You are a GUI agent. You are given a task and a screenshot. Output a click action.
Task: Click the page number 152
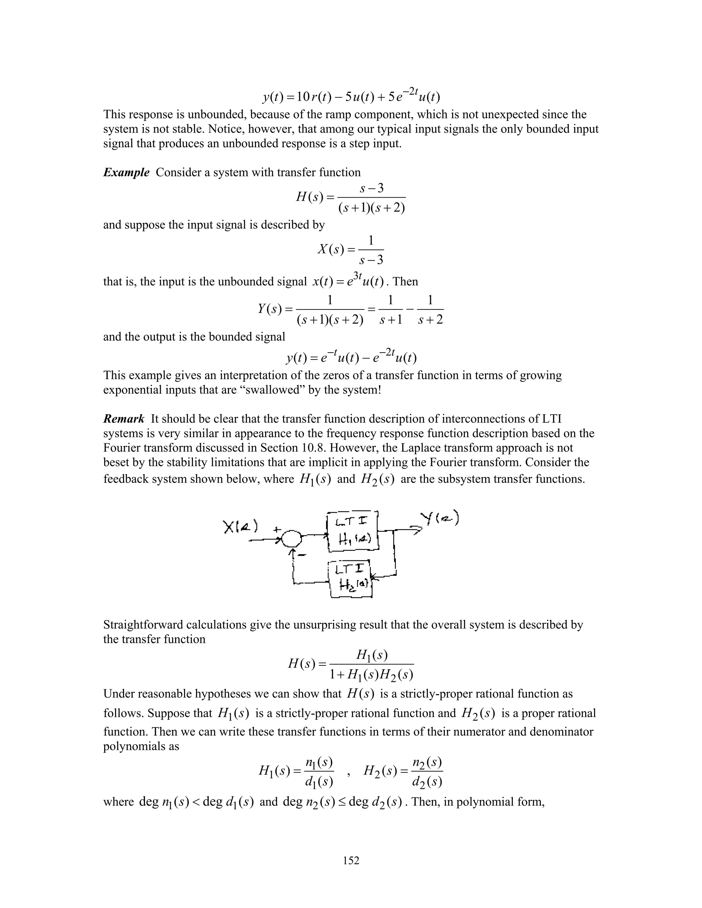point(351,860)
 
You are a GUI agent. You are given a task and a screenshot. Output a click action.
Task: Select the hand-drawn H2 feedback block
point(351,579)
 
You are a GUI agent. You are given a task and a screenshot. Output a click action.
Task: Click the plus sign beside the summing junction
point(277,529)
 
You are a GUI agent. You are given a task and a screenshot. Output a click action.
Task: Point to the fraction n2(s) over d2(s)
point(427,772)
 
